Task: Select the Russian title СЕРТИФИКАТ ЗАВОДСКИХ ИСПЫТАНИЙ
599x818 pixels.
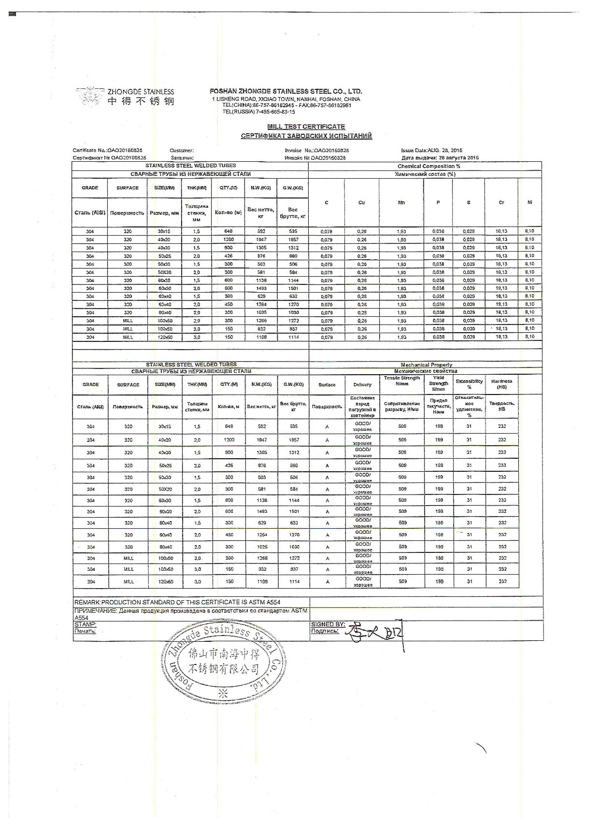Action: pos(306,136)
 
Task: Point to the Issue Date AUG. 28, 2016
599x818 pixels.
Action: pos(431,150)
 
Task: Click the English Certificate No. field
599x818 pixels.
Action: pos(107,150)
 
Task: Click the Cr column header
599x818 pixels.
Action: pos(501,202)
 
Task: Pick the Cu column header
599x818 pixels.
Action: pos(361,202)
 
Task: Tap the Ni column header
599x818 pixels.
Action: pos(529,202)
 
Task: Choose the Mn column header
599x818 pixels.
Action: pos(401,202)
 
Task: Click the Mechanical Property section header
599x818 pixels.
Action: pos(426,365)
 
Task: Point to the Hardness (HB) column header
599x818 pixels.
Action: pos(501,384)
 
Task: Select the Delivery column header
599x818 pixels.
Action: pos(362,385)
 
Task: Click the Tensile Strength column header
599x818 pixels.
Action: pos(401,381)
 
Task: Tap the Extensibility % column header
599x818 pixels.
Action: pos(469,384)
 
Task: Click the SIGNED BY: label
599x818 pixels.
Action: pos(328,624)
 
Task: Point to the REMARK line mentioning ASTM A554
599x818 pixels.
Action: pos(177,602)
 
